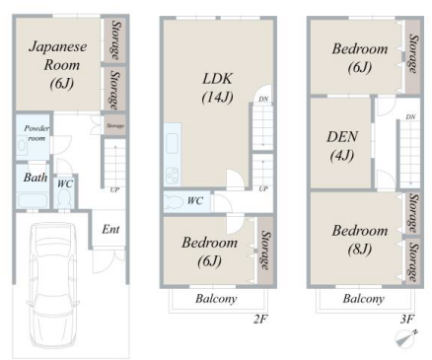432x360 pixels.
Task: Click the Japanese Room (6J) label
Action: tap(58, 65)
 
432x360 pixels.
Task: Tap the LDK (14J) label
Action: tap(218, 88)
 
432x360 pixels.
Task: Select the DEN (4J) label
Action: tap(342, 146)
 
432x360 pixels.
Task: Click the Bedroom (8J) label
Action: tap(360, 240)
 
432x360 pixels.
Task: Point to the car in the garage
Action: tap(53, 284)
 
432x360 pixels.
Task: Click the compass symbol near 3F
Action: tap(406, 338)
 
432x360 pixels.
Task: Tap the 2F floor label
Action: tap(259, 319)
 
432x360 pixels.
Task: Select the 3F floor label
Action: tap(407, 319)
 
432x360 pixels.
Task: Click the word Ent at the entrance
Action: tap(110, 229)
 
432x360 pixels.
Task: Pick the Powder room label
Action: tap(36, 133)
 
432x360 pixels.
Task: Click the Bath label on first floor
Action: tap(36, 178)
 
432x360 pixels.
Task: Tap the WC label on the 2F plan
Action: tap(195, 200)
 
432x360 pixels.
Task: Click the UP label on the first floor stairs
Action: tap(114, 189)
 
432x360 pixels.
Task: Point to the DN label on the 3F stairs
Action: tap(410, 116)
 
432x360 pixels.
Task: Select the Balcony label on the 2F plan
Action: tap(216, 299)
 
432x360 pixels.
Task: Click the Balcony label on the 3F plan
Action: tap(364, 299)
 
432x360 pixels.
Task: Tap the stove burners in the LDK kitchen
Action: tap(172, 176)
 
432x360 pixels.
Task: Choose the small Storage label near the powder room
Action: tap(115, 125)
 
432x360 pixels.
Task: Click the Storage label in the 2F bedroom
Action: tap(265, 250)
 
